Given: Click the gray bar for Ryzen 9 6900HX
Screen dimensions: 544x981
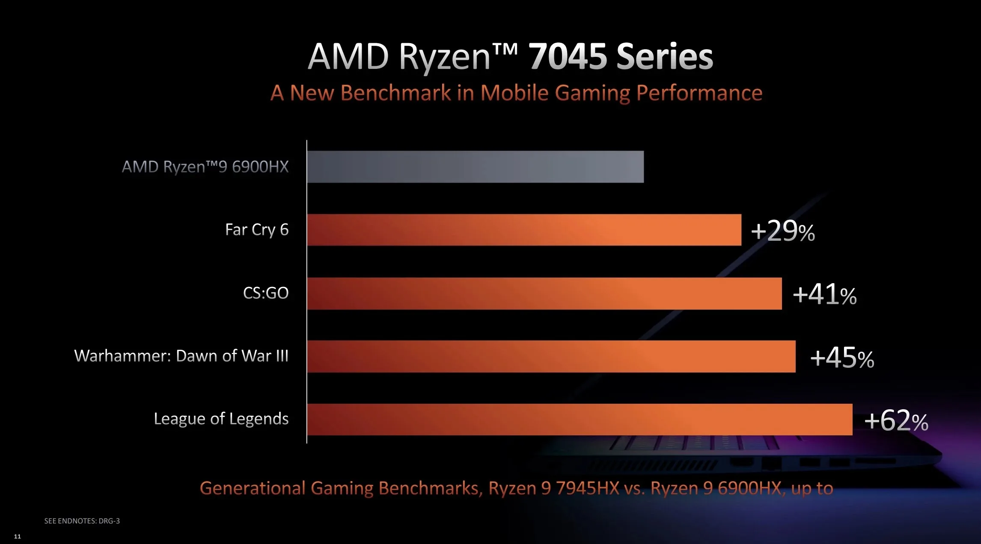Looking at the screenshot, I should click(x=475, y=167).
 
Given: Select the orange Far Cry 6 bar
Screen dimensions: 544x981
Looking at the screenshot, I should click(x=524, y=230).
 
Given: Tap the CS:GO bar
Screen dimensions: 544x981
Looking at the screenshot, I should click(x=544, y=293).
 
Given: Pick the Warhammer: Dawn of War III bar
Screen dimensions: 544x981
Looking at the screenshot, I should click(x=551, y=356).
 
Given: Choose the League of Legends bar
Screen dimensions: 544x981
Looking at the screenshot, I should click(x=580, y=420).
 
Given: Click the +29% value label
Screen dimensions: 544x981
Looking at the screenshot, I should click(x=783, y=231).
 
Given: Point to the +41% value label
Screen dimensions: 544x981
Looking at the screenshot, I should click(x=824, y=295).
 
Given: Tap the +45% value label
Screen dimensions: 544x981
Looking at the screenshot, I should click(x=842, y=358).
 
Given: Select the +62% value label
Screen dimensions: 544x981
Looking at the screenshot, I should click(x=896, y=420).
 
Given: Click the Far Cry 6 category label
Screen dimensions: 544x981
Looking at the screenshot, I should click(x=257, y=230).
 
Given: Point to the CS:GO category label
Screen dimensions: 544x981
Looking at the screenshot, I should click(x=266, y=293).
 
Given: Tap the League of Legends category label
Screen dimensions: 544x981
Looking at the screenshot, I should click(x=221, y=419).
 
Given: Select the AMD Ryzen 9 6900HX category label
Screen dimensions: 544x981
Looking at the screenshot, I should click(x=205, y=167).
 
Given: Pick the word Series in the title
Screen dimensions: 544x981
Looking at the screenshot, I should click(x=665, y=56).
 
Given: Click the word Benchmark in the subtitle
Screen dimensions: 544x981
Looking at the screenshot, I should click(x=396, y=93).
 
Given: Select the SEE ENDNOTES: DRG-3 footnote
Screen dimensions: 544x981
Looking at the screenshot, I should click(x=82, y=521).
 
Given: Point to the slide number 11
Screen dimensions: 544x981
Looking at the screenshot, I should click(x=18, y=536).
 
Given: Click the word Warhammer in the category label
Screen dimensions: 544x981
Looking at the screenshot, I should click(x=122, y=356).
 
